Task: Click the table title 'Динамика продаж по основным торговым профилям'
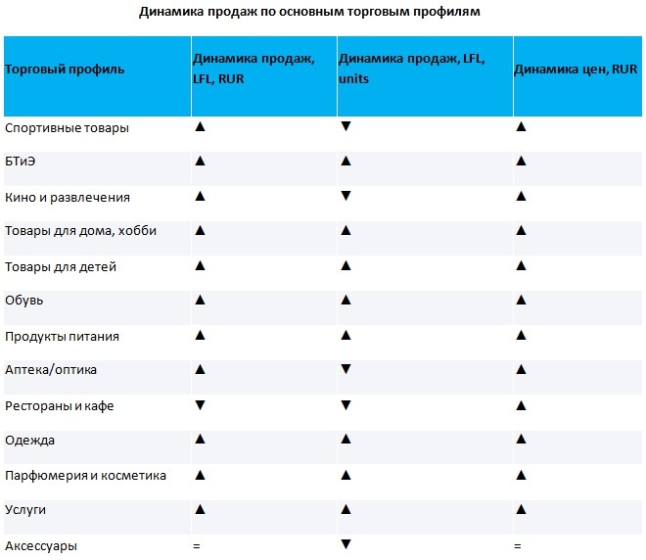coord(309,12)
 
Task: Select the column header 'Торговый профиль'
coord(65,70)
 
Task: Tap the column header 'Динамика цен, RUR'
coord(576,69)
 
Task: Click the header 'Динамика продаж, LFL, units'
coord(411,69)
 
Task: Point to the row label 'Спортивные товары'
coord(67,128)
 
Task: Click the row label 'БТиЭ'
coord(21,162)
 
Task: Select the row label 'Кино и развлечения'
coord(68,198)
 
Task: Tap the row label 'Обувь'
coord(23,300)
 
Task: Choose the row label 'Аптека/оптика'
coord(51,370)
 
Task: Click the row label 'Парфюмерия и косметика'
coord(85,476)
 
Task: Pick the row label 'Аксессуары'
coord(41,546)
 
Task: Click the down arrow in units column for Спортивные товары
coord(346,126)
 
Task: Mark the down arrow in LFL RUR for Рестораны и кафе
coord(201,405)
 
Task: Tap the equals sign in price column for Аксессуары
coord(518,546)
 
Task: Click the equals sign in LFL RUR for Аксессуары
coord(197,546)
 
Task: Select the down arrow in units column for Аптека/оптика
coord(346,369)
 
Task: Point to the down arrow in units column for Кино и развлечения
coord(346,196)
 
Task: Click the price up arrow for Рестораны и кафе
coord(521,405)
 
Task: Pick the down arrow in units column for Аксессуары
coord(346,544)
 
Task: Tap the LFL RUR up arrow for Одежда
coord(201,439)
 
